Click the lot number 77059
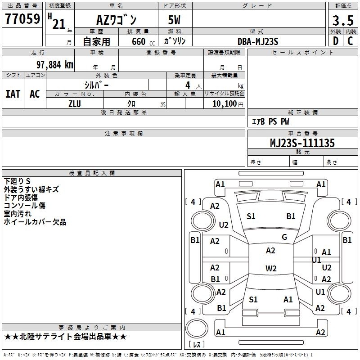(x=22, y=19)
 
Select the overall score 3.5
(x=343, y=20)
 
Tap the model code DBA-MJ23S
(x=258, y=41)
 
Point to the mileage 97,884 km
(x=55, y=65)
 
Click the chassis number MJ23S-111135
(x=302, y=143)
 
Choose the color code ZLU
(x=75, y=104)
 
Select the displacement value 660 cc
(x=143, y=42)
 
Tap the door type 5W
(x=174, y=20)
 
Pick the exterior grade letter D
(x=336, y=41)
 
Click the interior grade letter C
(x=350, y=41)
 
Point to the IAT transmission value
(x=13, y=94)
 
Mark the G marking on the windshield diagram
(x=284, y=237)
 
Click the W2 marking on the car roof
(x=271, y=268)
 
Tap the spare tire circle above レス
(x=197, y=328)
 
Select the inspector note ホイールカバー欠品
(x=35, y=222)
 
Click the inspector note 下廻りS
(x=17, y=181)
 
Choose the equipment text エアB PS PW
(x=270, y=121)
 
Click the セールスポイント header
(x=302, y=52)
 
